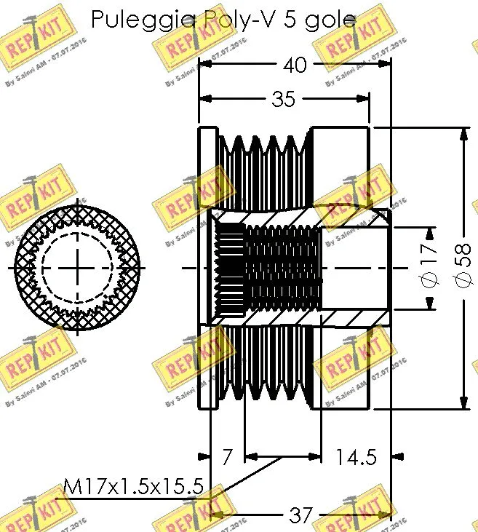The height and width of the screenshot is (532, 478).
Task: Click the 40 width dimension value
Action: [295, 65]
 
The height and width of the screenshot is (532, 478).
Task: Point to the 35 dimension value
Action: [283, 99]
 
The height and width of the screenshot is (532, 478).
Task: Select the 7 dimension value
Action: [227, 456]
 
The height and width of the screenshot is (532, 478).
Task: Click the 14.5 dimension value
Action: [356, 456]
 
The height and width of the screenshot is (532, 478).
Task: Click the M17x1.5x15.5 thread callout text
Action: [132, 486]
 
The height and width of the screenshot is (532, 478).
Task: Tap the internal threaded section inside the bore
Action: [280, 268]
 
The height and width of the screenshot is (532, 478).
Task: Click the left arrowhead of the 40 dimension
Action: [204, 65]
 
